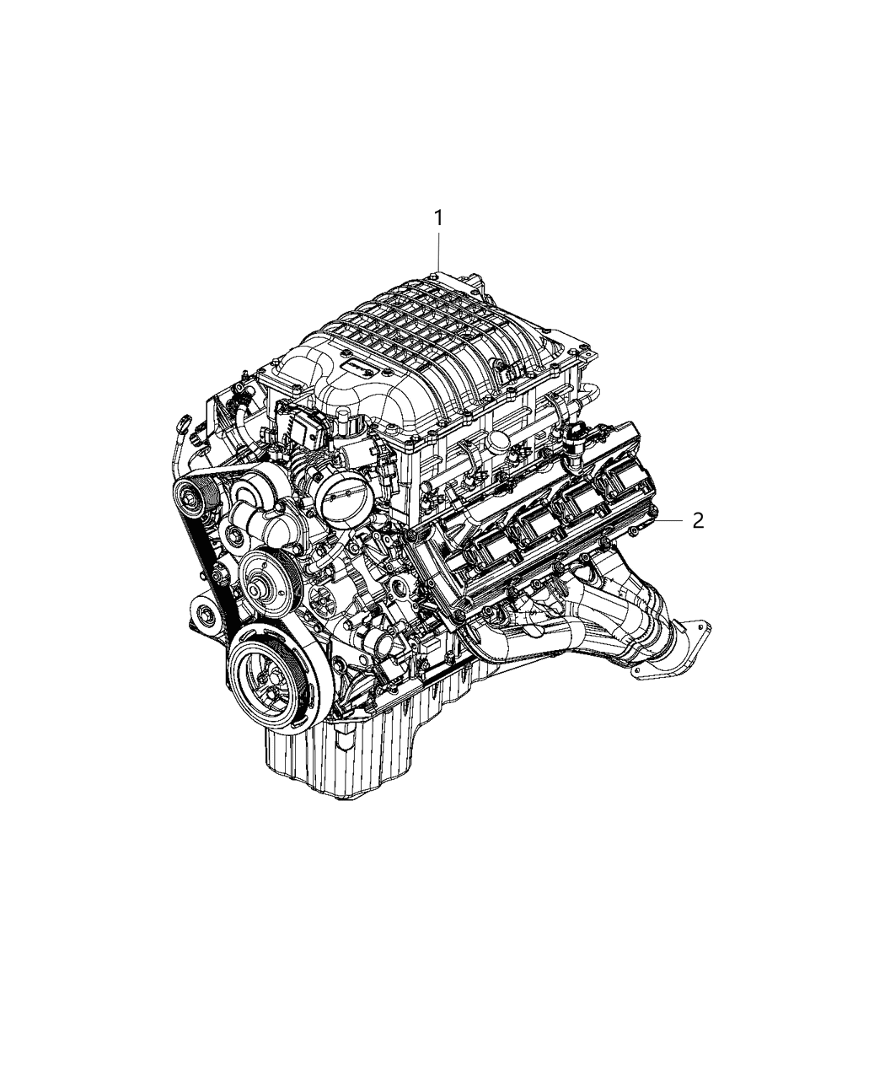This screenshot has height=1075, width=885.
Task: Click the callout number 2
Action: coord(698,521)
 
